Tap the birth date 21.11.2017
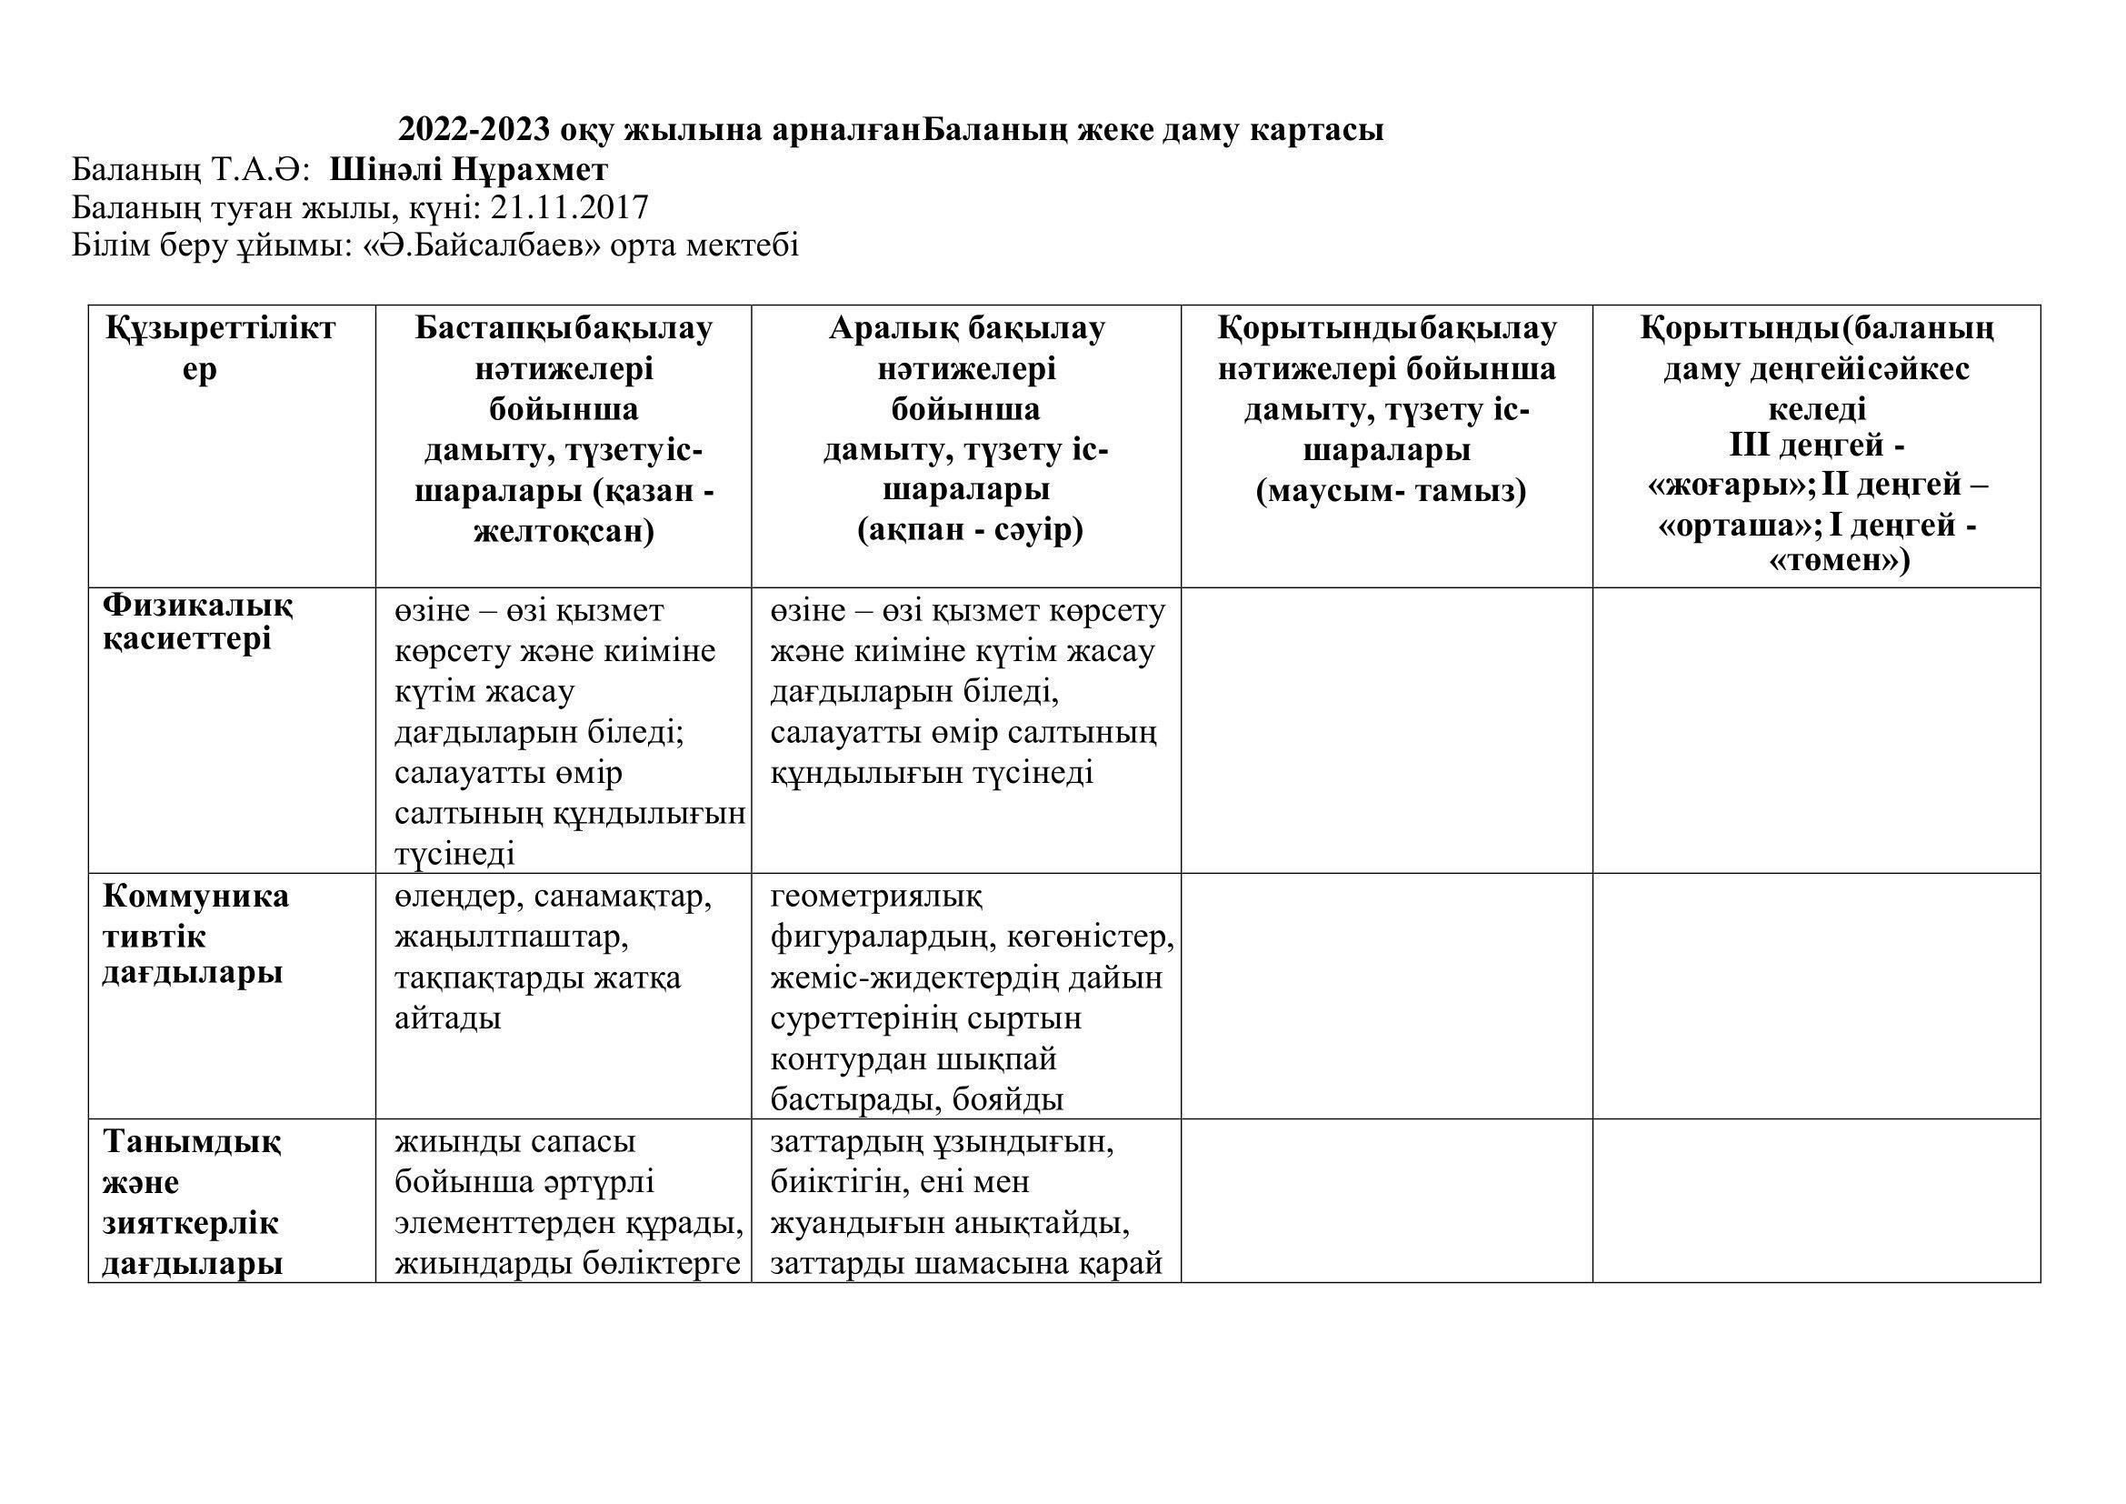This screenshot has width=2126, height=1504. [570, 207]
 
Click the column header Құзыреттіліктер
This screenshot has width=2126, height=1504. [219, 348]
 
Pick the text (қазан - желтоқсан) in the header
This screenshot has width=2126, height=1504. [564, 511]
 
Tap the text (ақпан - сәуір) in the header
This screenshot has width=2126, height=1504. [970, 531]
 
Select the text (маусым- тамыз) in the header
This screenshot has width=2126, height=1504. [1391, 491]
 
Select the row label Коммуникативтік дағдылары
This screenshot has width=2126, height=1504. [195, 935]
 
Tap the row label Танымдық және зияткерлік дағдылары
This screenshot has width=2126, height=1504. [192, 1203]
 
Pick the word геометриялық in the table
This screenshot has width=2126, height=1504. [876, 897]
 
